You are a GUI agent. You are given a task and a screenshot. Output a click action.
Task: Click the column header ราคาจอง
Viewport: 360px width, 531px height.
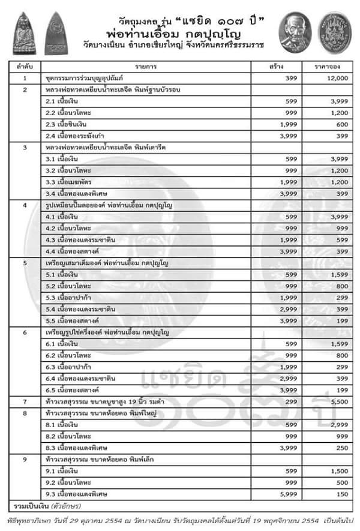324,67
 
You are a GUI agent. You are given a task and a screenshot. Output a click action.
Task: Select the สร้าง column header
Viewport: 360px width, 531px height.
277,67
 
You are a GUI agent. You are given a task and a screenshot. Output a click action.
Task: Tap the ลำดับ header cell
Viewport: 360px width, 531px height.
25,67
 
